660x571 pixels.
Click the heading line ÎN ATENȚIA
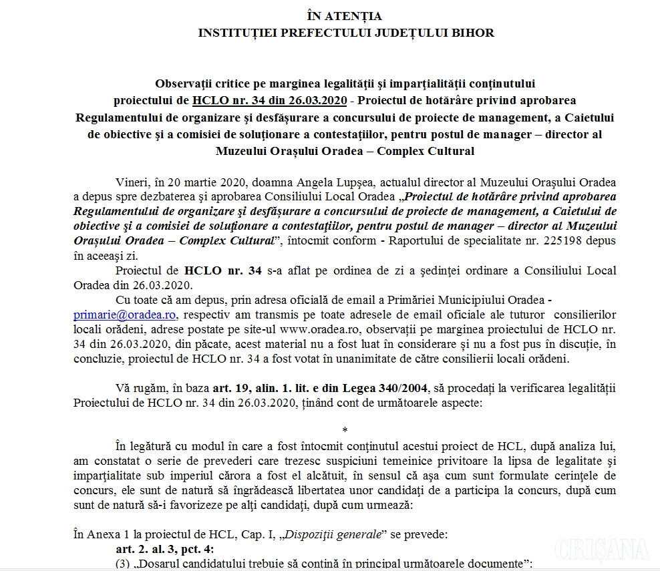coord(345,16)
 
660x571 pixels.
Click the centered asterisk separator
coord(345,430)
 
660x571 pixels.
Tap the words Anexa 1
coord(105,534)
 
